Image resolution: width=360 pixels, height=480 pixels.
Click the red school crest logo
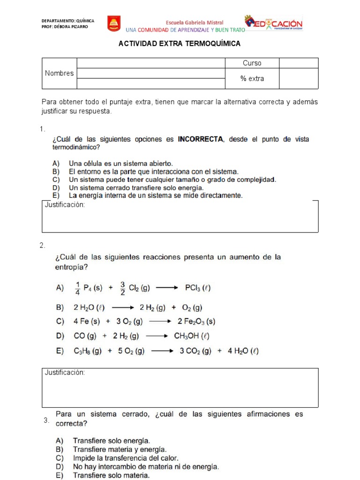[114, 23]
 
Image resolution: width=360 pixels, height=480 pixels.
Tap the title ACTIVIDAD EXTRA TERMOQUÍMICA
[180, 44]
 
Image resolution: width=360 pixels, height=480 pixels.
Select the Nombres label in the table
[59, 73]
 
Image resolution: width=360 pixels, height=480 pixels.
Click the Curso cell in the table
[252, 63]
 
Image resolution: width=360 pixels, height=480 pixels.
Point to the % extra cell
[252, 79]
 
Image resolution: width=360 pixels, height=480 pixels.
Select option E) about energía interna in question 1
[155, 195]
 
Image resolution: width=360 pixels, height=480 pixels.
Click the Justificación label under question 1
[64, 205]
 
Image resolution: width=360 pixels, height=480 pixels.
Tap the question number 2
[42, 245]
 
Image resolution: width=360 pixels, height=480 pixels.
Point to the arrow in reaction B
[123, 308]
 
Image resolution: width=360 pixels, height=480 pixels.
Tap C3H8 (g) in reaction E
[88, 350]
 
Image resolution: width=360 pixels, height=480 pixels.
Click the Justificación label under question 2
[64, 373]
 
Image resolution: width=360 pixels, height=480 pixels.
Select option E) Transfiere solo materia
[111, 475]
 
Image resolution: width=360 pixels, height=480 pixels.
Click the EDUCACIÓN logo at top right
[274, 22]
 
